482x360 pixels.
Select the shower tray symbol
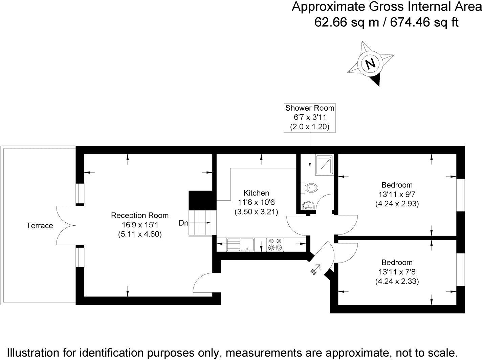(325, 165)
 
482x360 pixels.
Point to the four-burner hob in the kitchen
(275, 245)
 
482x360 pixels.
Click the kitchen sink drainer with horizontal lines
(233, 245)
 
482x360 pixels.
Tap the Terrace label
(40, 226)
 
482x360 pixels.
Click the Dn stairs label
(183, 223)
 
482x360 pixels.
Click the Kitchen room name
(256, 193)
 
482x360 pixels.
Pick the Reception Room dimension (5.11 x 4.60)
(140, 234)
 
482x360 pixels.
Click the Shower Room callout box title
(310, 108)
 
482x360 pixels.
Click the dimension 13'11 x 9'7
(397, 195)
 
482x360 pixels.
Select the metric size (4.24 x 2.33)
(397, 281)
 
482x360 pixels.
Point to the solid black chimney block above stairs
(201, 200)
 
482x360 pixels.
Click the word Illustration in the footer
(33, 353)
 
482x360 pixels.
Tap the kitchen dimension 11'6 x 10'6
(256, 202)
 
